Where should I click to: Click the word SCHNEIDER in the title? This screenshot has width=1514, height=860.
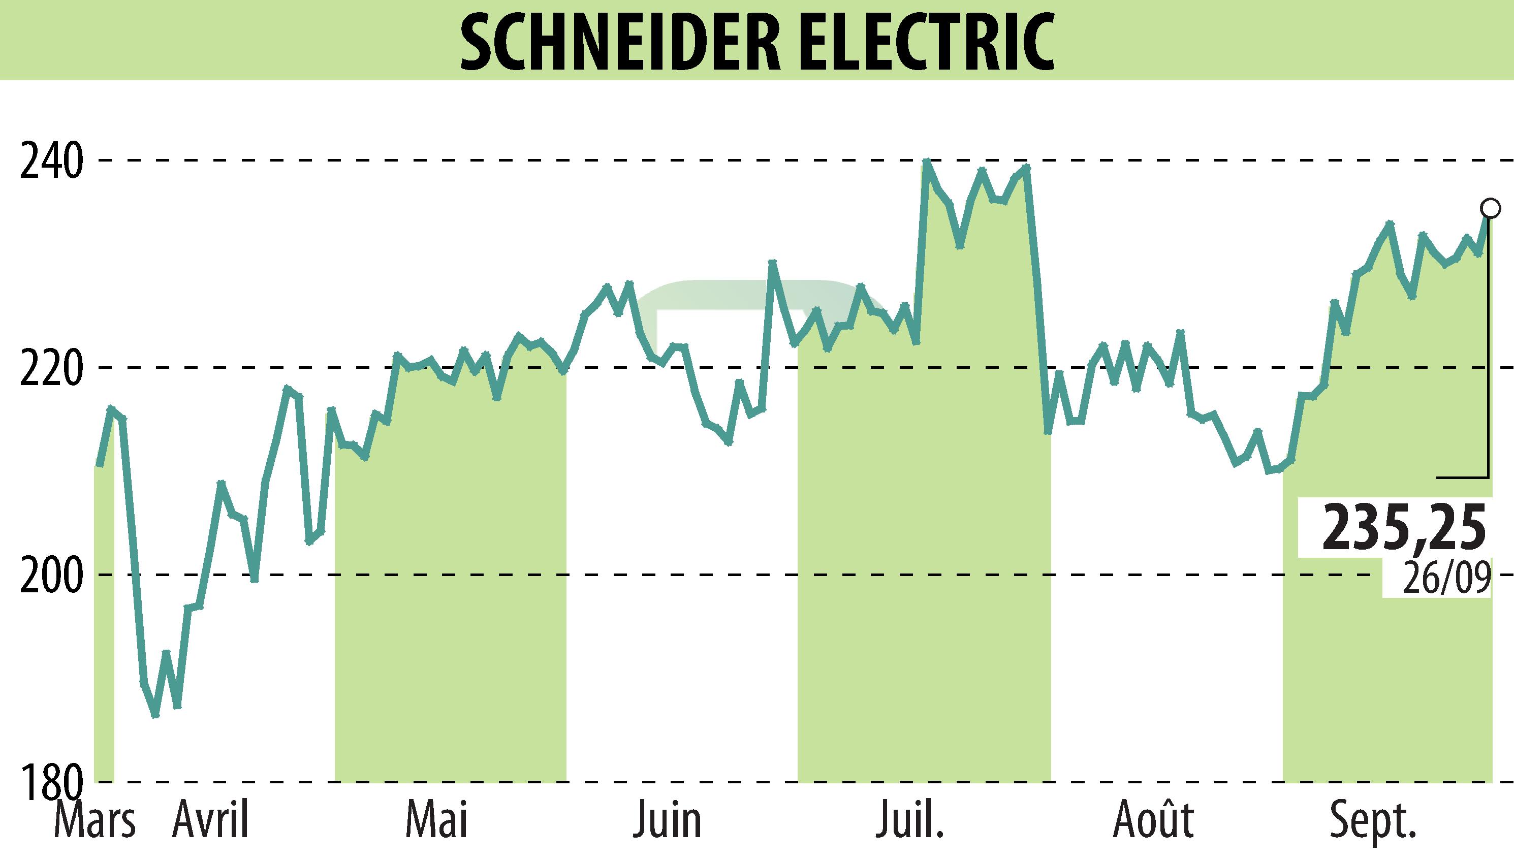tap(620, 43)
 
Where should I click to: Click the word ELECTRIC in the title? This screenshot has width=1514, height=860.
tap(922, 43)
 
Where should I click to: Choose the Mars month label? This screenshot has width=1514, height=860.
tap(94, 821)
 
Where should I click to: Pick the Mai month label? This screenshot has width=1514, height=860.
tap(437, 821)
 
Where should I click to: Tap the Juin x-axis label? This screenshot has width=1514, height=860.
tap(668, 821)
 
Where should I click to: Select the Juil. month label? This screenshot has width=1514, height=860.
tap(910, 821)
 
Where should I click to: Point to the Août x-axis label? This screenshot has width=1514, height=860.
tap(1153, 821)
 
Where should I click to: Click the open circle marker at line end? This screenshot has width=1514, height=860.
tap(1490, 208)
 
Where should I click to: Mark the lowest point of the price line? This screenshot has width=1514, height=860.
tap(155, 715)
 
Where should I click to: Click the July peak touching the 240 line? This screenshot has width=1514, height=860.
tap(926, 161)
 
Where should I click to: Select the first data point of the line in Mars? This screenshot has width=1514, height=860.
tap(99, 465)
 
